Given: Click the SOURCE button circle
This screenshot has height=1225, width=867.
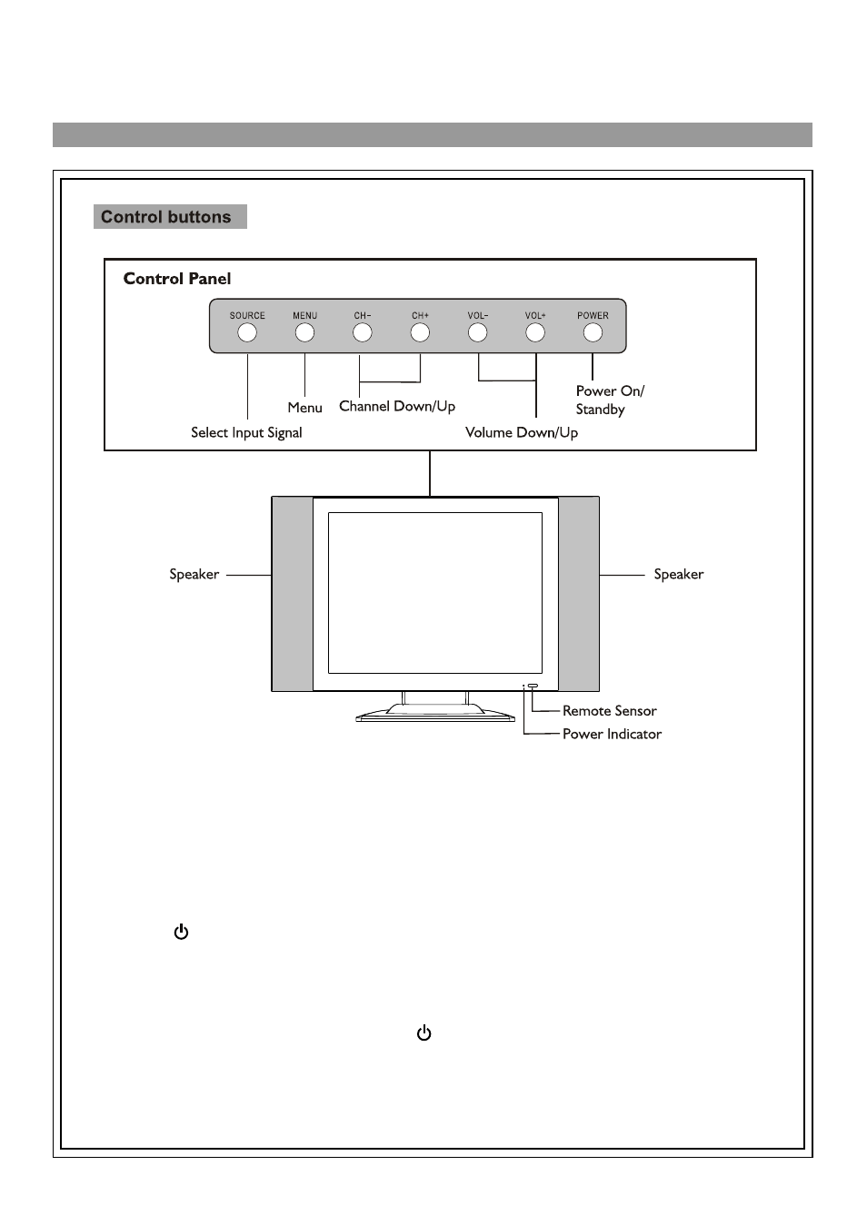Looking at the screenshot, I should (x=247, y=333).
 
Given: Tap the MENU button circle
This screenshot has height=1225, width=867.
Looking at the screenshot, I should (x=304, y=333).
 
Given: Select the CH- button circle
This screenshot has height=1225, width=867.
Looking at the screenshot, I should (x=363, y=333).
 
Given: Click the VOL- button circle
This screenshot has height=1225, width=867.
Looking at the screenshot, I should (x=478, y=333).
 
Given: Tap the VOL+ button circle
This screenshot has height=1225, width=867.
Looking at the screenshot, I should (x=535, y=333).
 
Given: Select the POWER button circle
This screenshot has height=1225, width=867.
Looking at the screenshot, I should (x=593, y=333).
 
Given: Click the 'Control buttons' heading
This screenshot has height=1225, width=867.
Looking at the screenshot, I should (x=166, y=217).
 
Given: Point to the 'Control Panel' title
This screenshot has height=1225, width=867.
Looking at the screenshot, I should (x=177, y=279).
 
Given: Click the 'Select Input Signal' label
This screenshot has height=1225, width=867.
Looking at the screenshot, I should (x=246, y=432).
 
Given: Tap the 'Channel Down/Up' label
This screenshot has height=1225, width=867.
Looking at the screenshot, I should (x=397, y=406).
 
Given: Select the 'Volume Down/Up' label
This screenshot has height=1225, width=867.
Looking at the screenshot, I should (x=522, y=432).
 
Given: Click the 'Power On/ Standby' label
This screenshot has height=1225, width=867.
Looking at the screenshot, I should (x=609, y=400).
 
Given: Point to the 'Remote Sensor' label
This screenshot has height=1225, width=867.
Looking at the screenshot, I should (x=609, y=711).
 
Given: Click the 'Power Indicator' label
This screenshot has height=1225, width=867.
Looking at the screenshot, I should (x=612, y=734).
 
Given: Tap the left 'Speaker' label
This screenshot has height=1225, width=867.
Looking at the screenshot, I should (x=194, y=574).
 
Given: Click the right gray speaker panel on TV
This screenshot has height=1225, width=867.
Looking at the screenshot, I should (x=579, y=594).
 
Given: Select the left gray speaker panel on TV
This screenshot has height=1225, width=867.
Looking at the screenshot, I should (x=293, y=594).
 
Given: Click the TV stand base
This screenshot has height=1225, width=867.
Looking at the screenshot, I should (x=435, y=714).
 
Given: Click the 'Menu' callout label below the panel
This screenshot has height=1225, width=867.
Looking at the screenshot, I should (x=304, y=408).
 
